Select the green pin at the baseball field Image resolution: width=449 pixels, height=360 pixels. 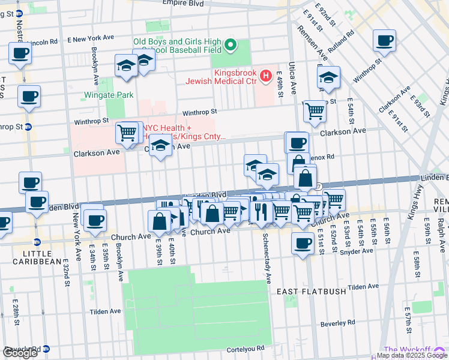point(230,45)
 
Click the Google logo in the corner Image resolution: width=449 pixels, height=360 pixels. point(20,353)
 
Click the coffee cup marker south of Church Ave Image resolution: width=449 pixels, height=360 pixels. point(303,243)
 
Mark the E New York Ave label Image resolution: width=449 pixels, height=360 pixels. point(91,37)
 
